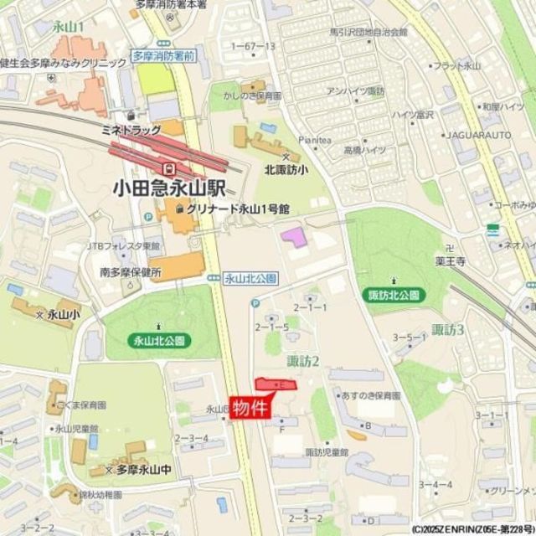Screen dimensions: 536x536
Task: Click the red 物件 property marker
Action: click(250, 410)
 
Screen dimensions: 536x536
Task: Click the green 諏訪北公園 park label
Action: click(397, 295)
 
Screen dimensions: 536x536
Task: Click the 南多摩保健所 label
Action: click(129, 272)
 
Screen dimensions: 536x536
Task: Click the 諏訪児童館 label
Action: click(326, 451)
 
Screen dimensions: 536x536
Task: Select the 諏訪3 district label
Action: click(447, 330)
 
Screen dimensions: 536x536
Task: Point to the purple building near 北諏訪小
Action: click(293, 237)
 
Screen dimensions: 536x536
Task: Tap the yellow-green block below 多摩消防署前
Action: click(155, 80)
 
